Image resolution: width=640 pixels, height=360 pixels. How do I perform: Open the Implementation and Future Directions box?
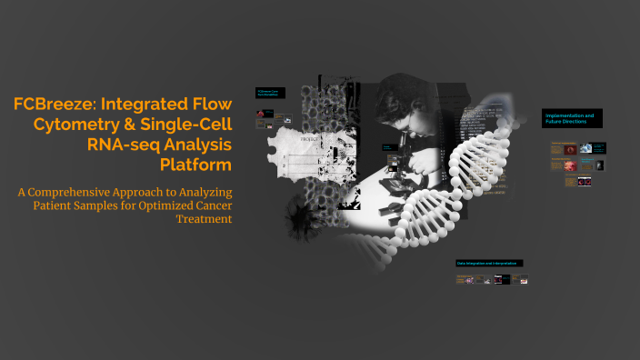573,119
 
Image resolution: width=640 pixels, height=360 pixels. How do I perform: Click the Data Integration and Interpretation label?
489,263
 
